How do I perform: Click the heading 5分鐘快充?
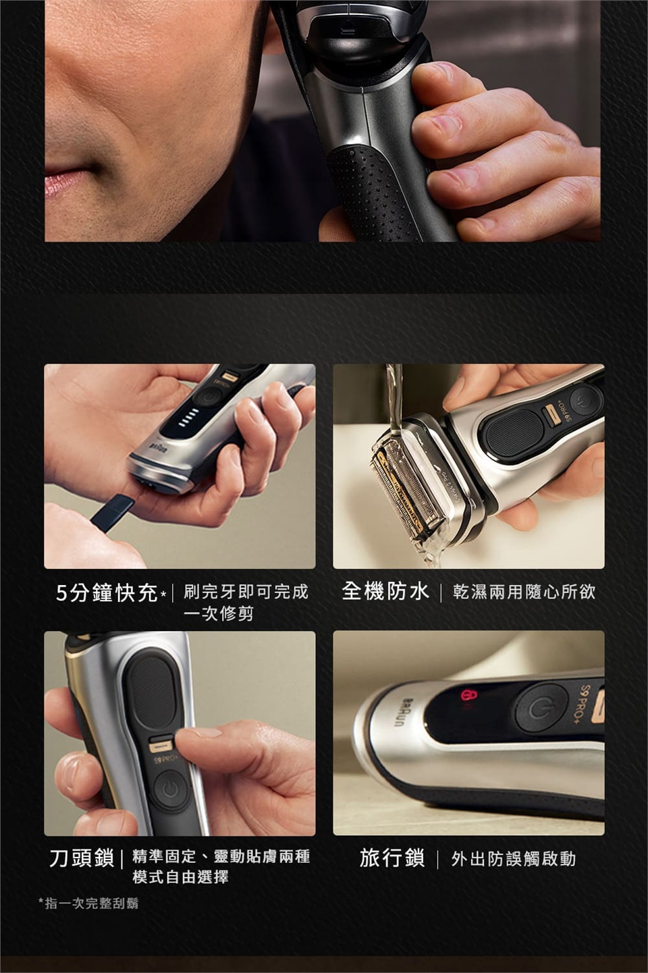point(107,593)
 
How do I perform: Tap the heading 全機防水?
point(385,592)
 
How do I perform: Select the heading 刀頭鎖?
point(82,858)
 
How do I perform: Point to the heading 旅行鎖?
point(392,858)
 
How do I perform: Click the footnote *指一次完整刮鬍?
point(88,904)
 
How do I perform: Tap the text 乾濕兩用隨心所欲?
point(524,592)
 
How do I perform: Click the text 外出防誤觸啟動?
point(514,859)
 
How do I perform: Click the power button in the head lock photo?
point(171,791)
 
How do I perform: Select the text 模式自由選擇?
point(180,877)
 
